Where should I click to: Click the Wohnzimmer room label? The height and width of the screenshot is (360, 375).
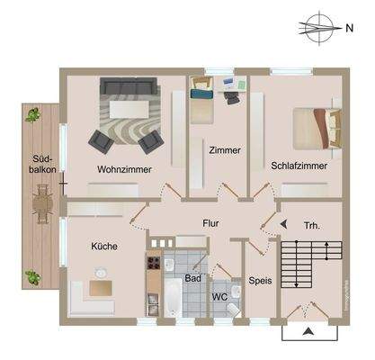(124, 168)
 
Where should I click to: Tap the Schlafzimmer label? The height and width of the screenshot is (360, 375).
(299, 166)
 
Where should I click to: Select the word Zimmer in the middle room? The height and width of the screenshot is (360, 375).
(224, 150)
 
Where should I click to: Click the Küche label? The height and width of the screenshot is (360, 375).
(104, 245)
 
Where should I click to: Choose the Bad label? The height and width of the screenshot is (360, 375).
(192, 278)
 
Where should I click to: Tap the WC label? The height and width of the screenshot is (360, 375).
(219, 296)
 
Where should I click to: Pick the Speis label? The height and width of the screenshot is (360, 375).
(259, 280)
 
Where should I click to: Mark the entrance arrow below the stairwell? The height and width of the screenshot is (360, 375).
(308, 332)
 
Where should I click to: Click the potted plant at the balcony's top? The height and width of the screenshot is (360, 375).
(33, 114)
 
